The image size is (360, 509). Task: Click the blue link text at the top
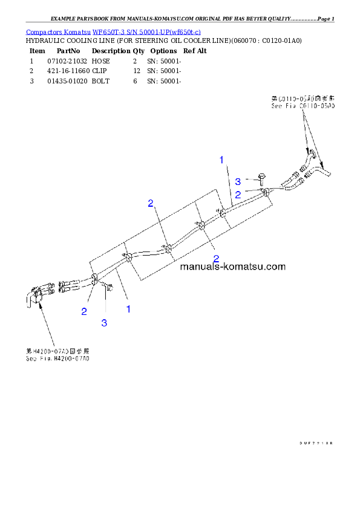(113, 31)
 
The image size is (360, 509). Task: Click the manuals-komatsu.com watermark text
(233, 266)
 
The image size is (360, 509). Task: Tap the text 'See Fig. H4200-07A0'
(57, 358)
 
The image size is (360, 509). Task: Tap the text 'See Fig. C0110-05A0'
(303, 106)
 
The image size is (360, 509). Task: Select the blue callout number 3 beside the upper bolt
(238, 181)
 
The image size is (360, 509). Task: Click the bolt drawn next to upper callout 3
(260, 177)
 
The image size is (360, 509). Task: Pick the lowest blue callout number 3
(104, 323)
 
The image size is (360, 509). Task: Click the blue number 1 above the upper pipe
(222, 160)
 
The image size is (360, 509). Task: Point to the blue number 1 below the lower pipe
(128, 309)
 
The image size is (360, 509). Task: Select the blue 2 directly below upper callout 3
(238, 194)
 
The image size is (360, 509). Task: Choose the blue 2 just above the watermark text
(216, 258)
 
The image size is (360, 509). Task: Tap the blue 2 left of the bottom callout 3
(84, 312)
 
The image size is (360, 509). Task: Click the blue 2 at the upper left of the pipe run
(151, 203)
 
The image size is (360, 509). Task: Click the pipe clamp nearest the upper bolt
(265, 193)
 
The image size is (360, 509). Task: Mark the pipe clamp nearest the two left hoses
(95, 279)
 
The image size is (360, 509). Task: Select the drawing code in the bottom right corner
(316, 443)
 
